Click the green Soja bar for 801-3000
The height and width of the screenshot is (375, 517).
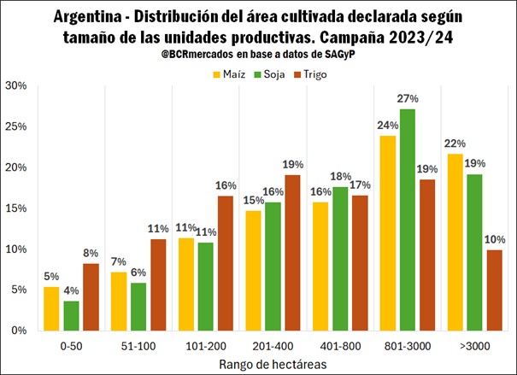pos(407,220)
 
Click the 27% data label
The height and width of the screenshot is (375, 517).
pos(408,99)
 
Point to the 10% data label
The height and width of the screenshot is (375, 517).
pos(495,240)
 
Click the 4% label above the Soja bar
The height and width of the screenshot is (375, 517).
pos(73,290)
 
